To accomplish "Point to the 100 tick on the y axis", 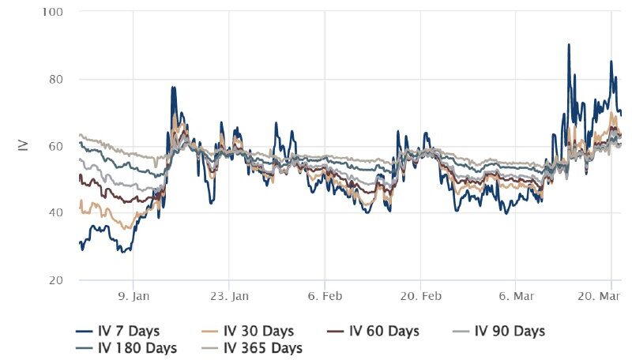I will click(x=55, y=13).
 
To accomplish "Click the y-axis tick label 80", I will click(x=58, y=79).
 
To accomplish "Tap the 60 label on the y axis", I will click(x=58, y=146).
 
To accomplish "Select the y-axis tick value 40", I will click(x=58, y=213).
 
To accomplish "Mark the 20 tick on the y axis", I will click(x=58, y=280).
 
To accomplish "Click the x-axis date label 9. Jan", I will click(x=133, y=297).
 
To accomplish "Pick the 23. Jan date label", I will click(x=229, y=297).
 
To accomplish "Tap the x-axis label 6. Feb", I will click(x=325, y=297).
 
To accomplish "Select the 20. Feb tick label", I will click(x=420, y=297).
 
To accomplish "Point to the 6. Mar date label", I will click(x=516, y=297).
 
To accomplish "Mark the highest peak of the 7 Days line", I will click(x=569, y=45).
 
